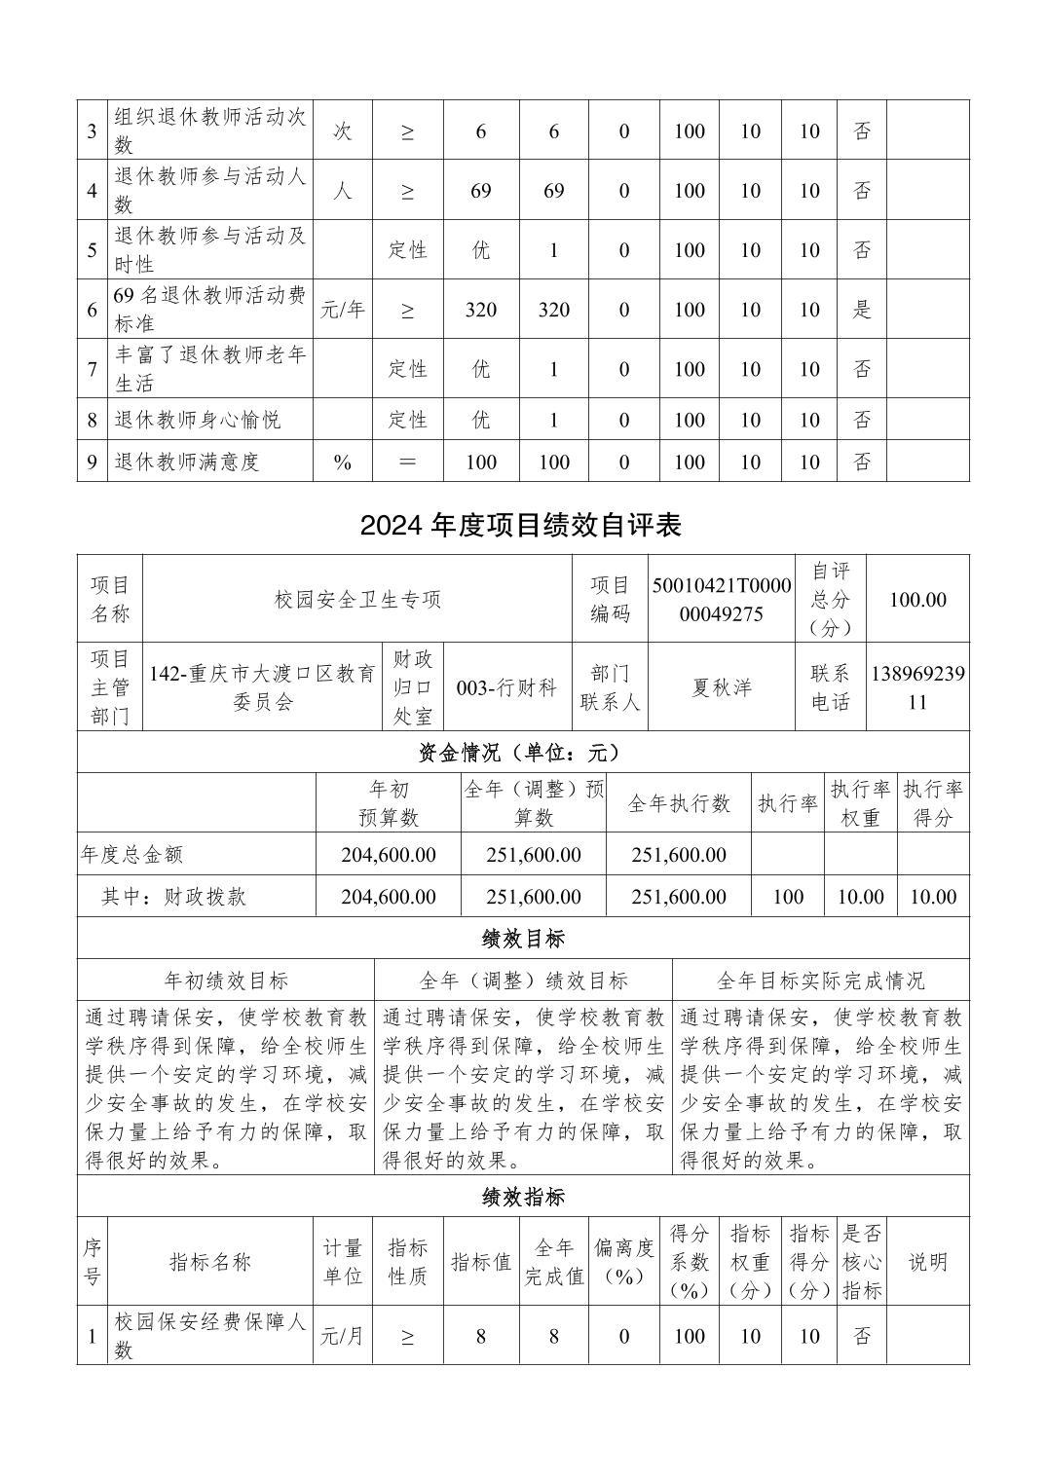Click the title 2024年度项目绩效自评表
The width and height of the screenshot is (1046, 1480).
coord(521,526)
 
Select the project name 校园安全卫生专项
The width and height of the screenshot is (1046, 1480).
coord(357,600)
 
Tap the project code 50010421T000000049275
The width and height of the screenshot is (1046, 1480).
coord(722,600)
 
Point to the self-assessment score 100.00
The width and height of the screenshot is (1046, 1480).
coord(917,600)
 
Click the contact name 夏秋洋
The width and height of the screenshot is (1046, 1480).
coord(722,687)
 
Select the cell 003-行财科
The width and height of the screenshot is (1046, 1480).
coord(506,687)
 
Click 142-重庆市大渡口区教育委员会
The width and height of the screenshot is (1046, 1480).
coord(262,687)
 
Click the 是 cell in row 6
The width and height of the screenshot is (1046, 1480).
coord(862,310)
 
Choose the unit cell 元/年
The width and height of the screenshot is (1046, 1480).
coord(343,310)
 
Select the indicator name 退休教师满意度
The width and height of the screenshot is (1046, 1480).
coord(187,462)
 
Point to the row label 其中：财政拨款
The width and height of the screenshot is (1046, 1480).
coord(173,897)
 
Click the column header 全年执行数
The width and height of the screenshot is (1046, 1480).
coord(679,803)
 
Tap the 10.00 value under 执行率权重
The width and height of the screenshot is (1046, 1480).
coord(860,897)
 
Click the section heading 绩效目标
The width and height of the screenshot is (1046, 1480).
coord(523,939)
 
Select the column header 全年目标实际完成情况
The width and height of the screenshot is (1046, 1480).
coord(820,980)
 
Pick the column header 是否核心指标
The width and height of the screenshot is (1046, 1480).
coord(862,1262)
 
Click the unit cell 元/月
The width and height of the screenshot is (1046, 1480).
coord(343,1336)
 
